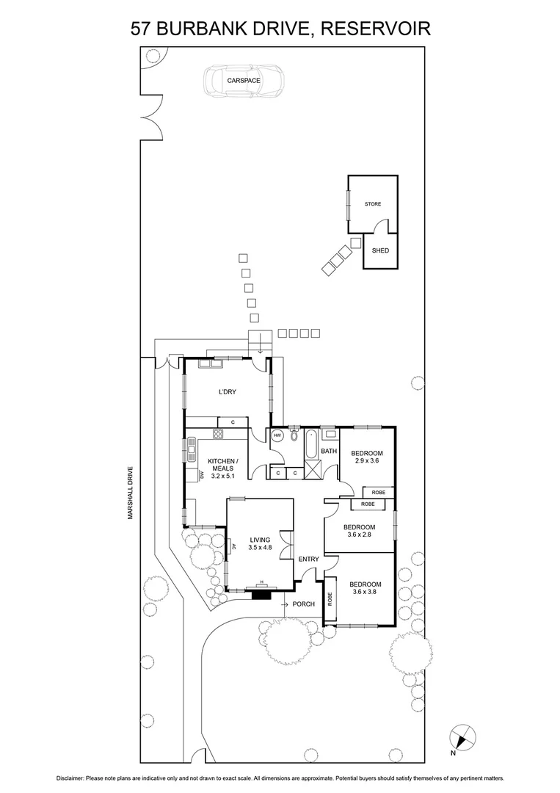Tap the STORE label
tap(373, 204)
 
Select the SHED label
tap(380, 250)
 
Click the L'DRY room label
tap(227, 392)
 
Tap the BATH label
tap(328, 451)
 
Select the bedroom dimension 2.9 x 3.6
tap(366, 461)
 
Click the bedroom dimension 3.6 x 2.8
tap(360, 535)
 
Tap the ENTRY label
tap(308, 560)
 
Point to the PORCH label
tap(303, 604)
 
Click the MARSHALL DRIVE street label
tap(129, 493)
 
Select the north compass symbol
tap(461, 736)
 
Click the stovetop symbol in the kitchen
tap(218, 433)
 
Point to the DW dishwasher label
tap(202, 476)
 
